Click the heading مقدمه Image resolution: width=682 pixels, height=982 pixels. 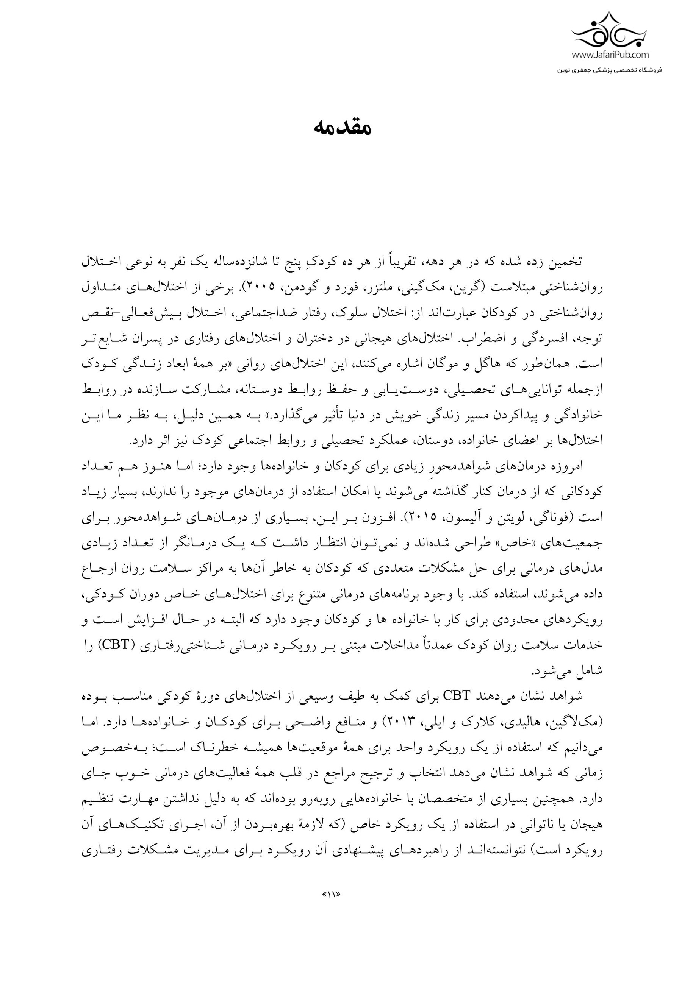(342, 128)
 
